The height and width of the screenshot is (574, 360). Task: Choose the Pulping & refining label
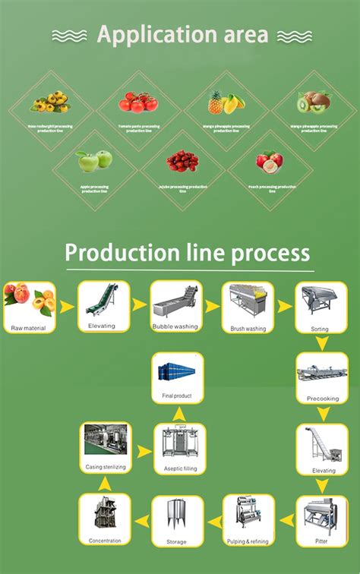248,541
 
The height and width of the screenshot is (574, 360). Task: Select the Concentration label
104,542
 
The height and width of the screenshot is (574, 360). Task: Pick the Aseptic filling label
179,468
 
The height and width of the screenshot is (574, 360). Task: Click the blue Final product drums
177,373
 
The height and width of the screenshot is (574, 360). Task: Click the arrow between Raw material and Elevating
67,307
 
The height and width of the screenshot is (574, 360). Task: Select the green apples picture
94,161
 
